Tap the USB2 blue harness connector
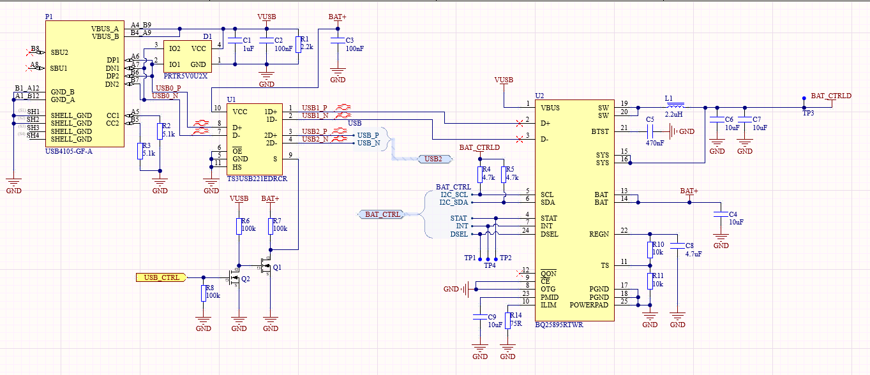[x=430, y=159]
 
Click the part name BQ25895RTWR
[x=559, y=325]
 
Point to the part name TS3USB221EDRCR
[x=257, y=180]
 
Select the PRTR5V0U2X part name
[x=186, y=76]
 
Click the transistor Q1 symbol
[x=267, y=264]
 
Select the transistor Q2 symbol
[x=234, y=278]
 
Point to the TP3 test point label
[x=807, y=113]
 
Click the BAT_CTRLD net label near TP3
[x=830, y=96]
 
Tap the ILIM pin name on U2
[x=549, y=305]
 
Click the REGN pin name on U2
[x=599, y=234]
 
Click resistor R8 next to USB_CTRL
[x=203, y=293]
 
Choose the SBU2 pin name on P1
[x=59, y=52]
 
